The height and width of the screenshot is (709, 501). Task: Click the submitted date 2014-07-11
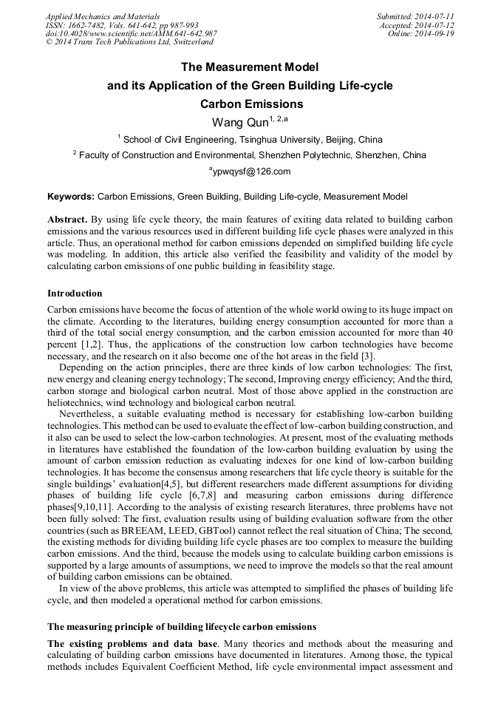point(434,16)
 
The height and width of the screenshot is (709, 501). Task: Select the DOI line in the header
point(132,33)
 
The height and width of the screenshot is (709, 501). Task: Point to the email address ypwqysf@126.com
point(251,172)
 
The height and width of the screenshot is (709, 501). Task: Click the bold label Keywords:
point(71,197)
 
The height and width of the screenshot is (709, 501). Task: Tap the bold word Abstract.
point(67,220)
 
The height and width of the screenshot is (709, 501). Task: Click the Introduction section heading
point(75,294)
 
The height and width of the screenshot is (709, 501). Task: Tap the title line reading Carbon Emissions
point(251,104)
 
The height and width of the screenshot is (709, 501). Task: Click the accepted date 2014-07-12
point(434,24)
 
